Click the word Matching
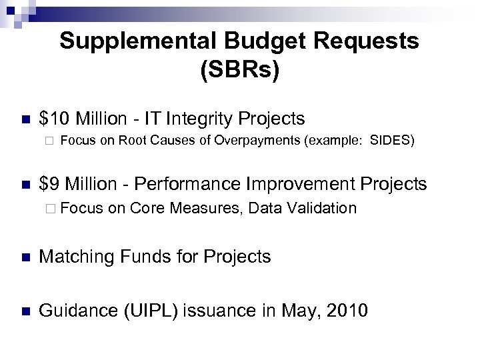pyautogui.click(x=77, y=257)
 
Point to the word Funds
pyautogui.click(x=148, y=257)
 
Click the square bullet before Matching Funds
pyautogui.click(x=25, y=257)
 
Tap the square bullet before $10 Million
pyautogui.click(x=25, y=120)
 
